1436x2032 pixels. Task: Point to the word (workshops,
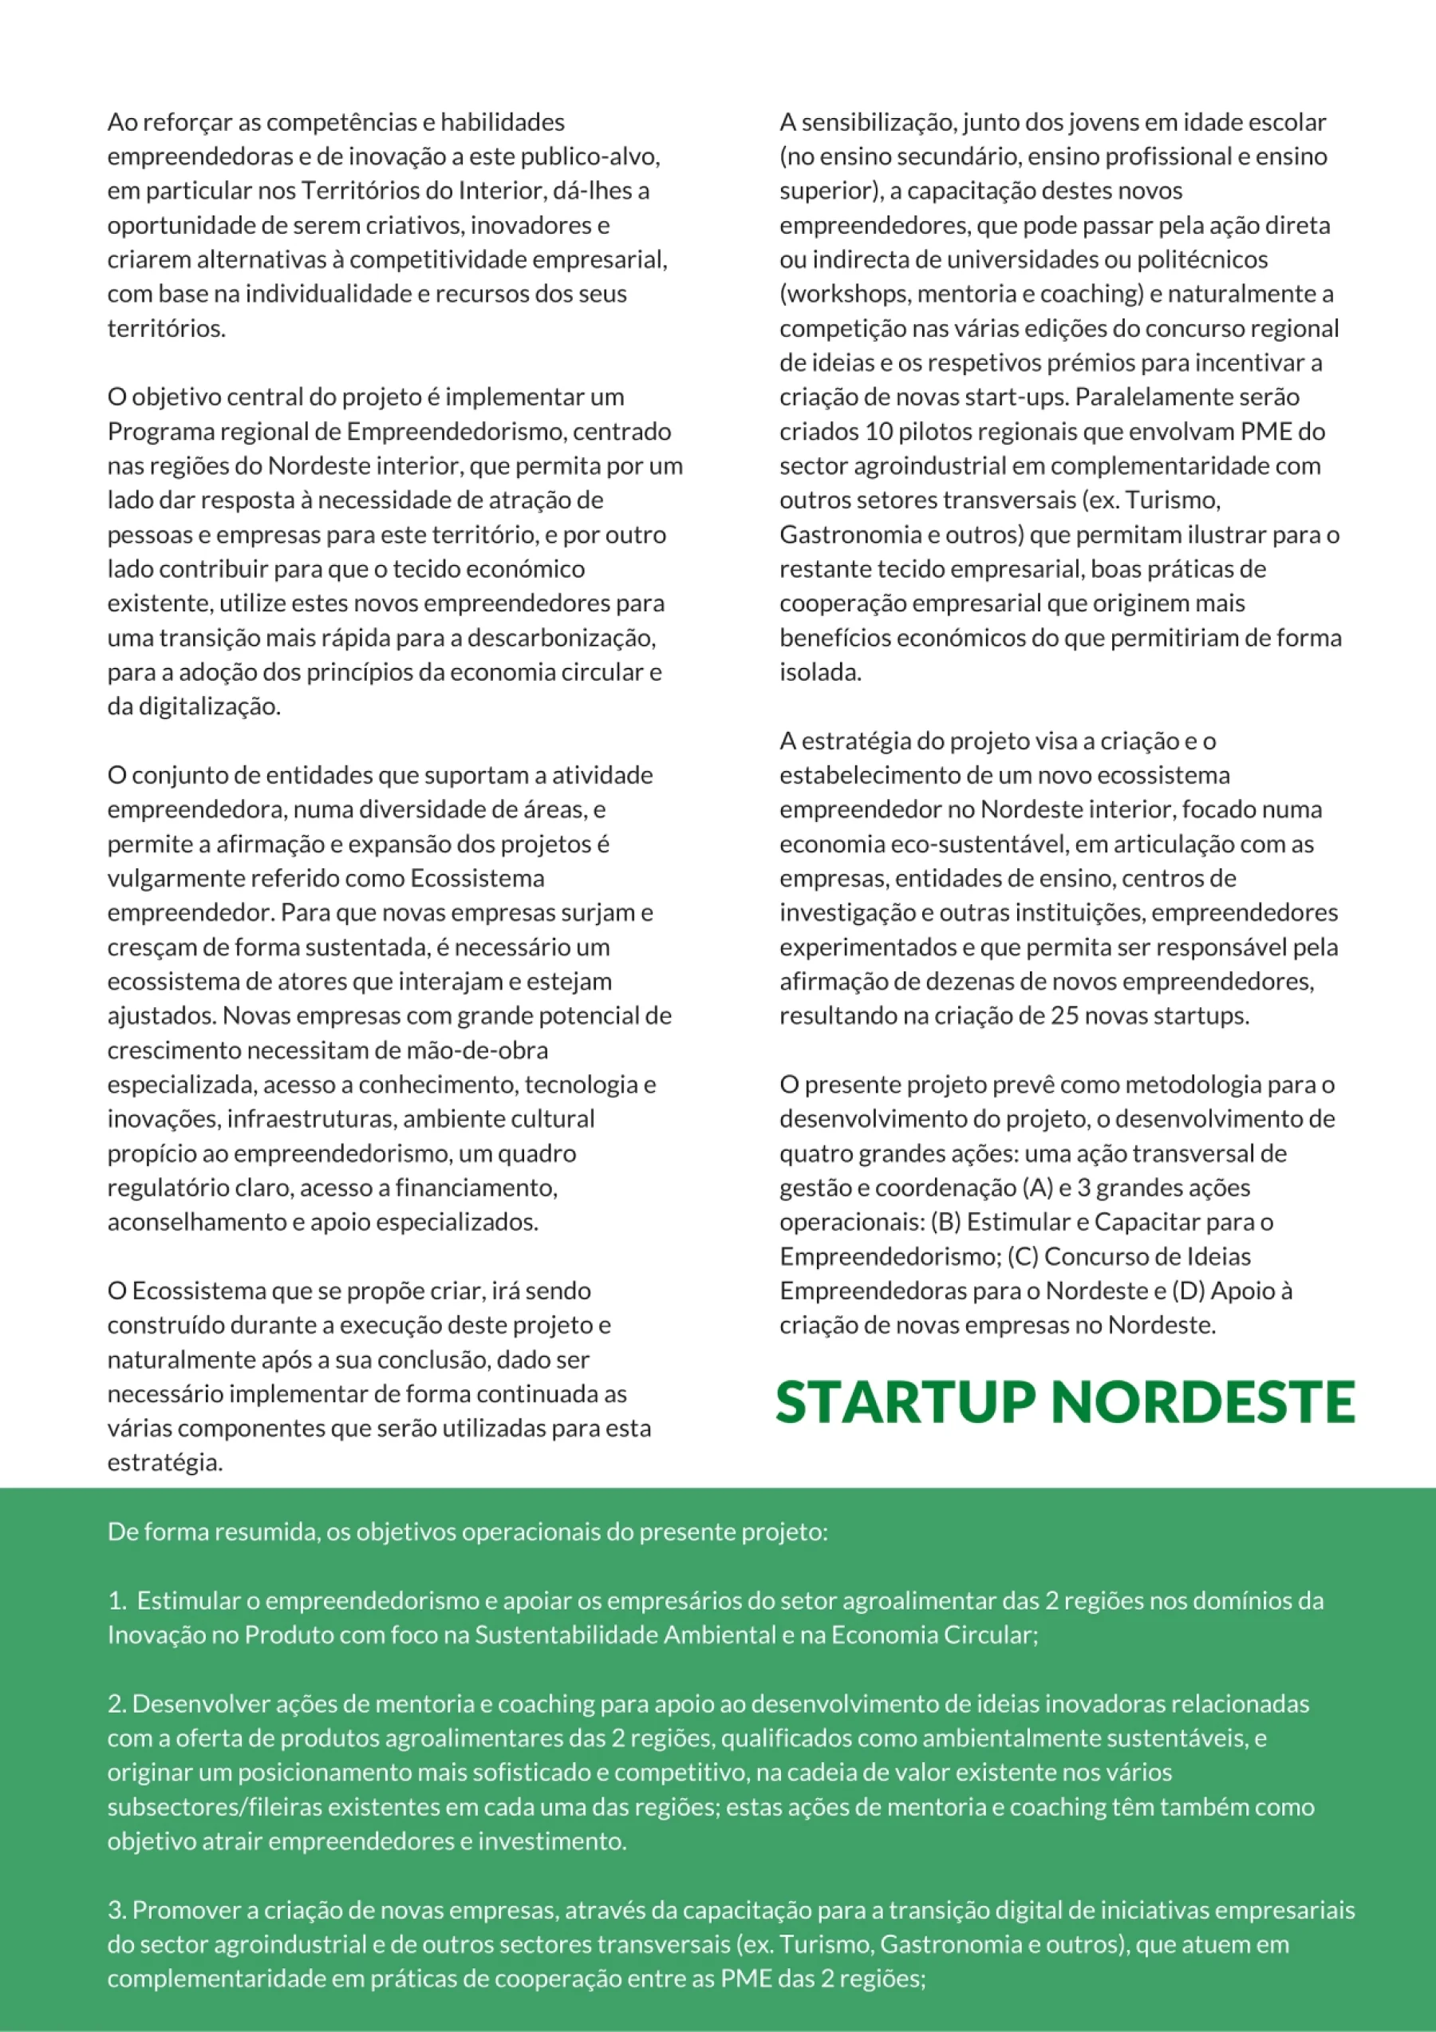click(x=845, y=294)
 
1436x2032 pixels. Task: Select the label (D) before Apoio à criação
click(x=1187, y=1291)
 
